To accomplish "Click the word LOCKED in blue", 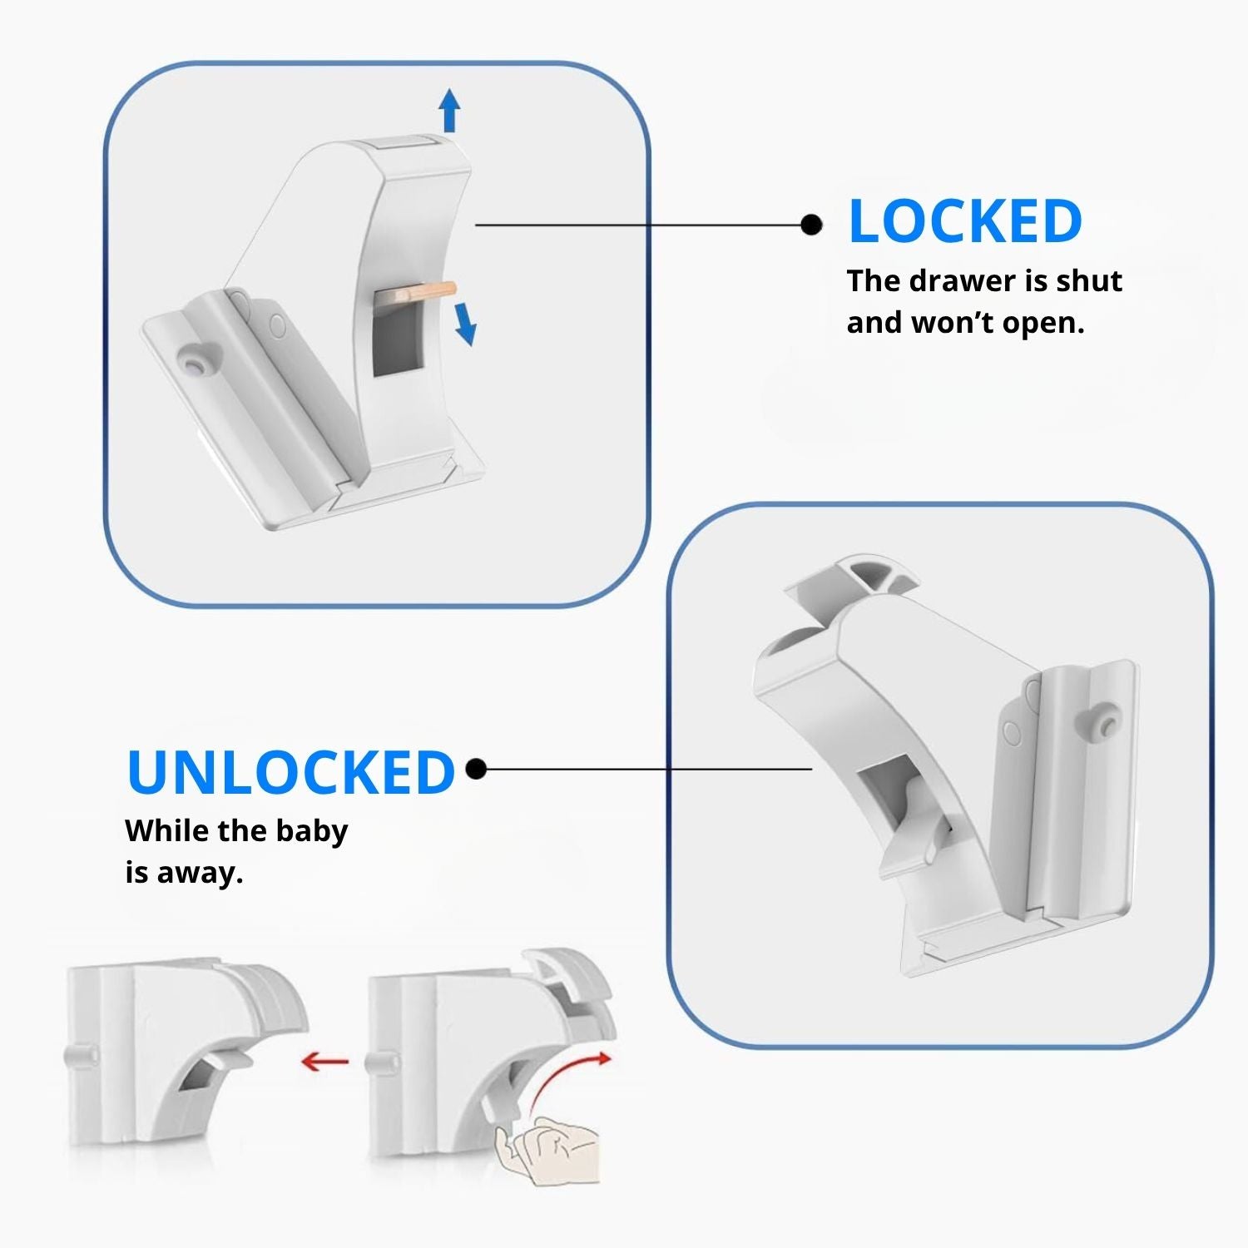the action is tap(965, 221).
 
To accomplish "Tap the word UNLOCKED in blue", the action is tap(291, 772).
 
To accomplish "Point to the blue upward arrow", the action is tap(449, 110).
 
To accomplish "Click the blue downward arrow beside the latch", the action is tap(465, 324).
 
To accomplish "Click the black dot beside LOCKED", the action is tap(811, 225).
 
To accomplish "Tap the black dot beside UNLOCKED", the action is tap(476, 769).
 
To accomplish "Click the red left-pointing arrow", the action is tap(325, 1061).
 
